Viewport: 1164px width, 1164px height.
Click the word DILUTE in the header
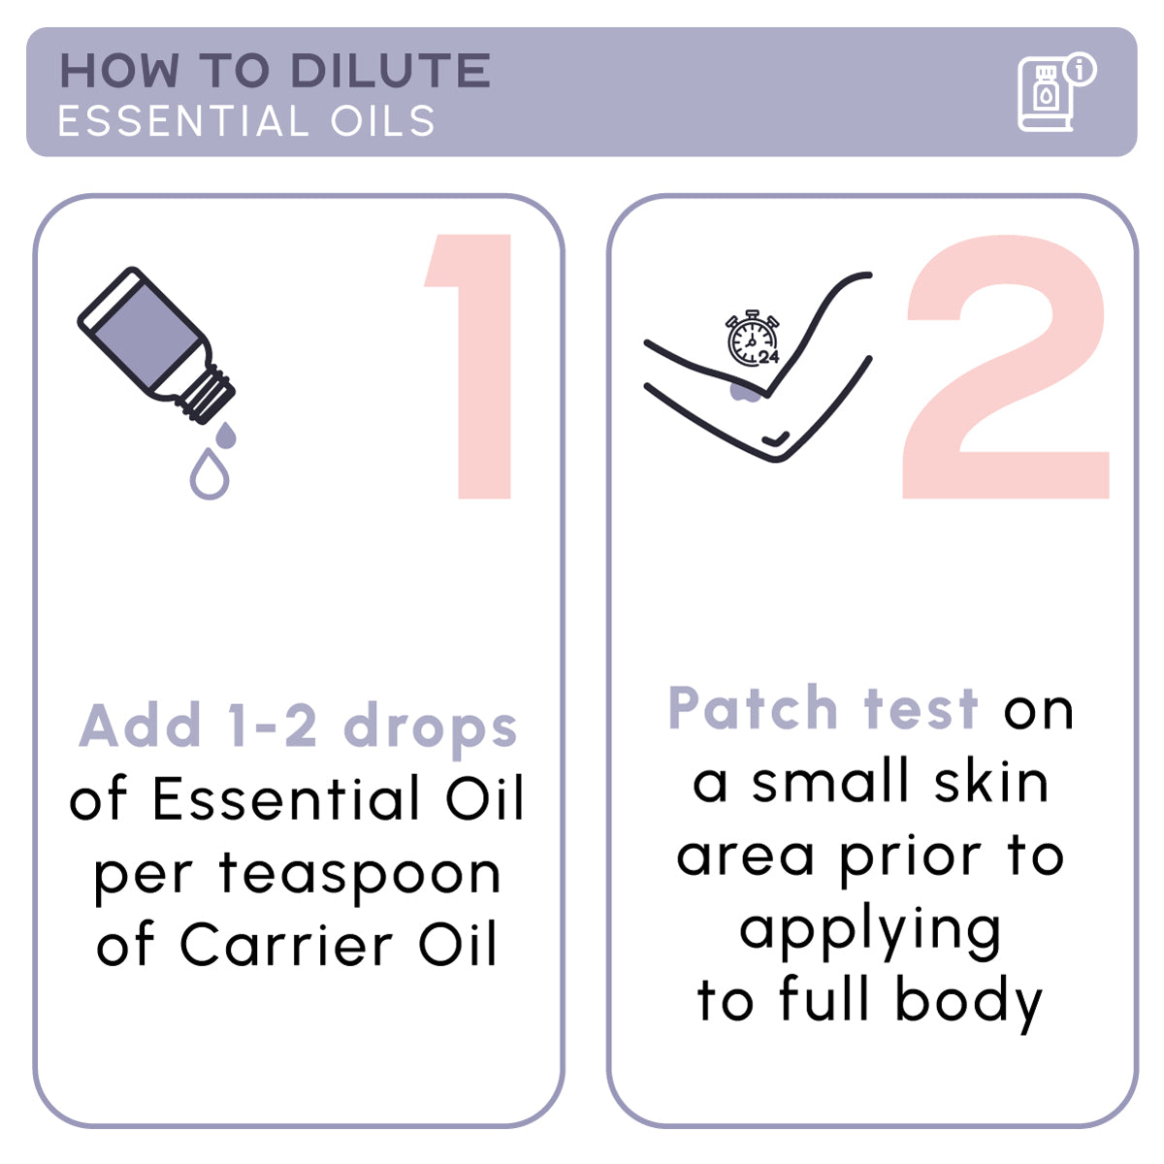click(390, 72)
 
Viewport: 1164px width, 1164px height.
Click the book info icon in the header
click(1051, 93)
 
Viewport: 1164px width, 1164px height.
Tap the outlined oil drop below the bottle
click(210, 474)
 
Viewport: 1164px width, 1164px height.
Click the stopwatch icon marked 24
click(753, 339)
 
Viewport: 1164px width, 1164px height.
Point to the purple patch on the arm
click(744, 391)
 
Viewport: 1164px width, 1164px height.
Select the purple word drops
click(431, 728)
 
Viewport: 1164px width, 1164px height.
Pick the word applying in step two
click(870, 931)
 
